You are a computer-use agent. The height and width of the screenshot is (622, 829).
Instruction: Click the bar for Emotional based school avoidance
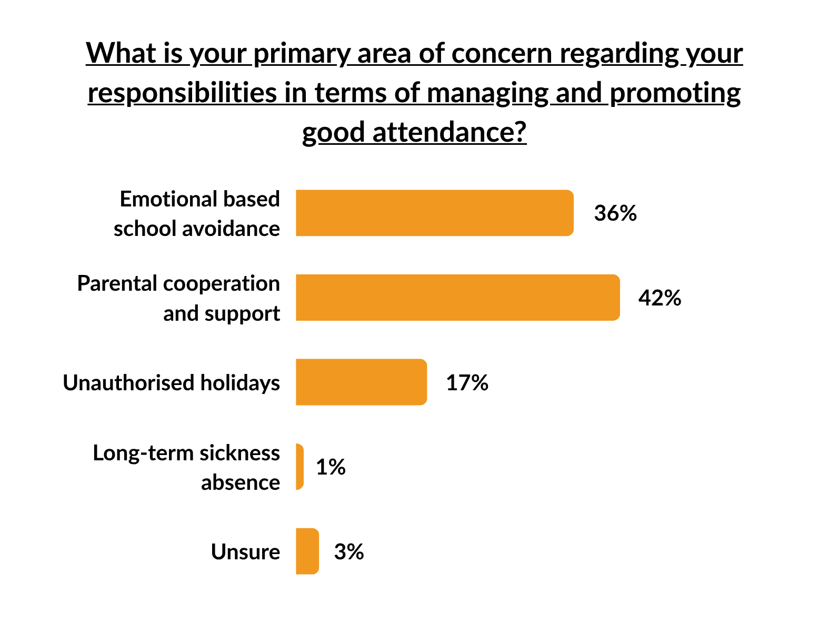(x=434, y=213)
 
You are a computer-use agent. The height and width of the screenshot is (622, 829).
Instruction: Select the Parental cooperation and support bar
(x=457, y=298)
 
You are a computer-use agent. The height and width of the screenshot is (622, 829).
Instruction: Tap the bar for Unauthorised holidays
(x=361, y=382)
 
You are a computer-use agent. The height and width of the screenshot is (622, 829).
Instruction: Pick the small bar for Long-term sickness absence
(x=300, y=467)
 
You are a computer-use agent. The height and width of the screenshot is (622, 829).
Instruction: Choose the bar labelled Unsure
(x=307, y=551)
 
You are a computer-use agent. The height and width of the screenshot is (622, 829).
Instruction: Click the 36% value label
(x=615, y=213)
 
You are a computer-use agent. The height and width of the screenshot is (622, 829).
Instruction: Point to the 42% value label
(x=660, y=298)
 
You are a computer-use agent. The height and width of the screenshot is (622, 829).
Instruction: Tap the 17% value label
(x=467, y=383)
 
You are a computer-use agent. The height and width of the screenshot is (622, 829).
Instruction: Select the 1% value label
(x=331, y=467)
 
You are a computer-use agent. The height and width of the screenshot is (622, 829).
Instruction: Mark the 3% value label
(x=349, y=552)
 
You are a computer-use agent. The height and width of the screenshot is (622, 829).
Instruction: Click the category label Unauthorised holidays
(x=171, y=383)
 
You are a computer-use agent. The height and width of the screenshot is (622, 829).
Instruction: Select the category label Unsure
(x=245, y=552)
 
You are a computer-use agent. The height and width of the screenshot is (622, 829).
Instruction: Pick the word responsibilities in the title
(x=182, y=93)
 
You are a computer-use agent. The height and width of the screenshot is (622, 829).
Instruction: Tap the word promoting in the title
(x=675, y=93)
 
